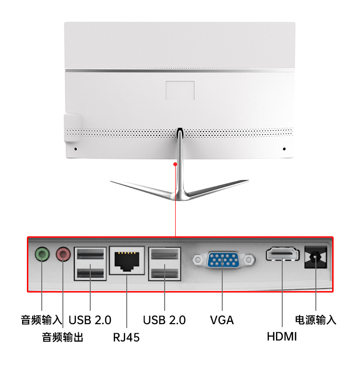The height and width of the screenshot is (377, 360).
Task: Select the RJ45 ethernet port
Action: (x=127, y=261)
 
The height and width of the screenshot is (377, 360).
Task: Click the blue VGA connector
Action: (x=223, y=260)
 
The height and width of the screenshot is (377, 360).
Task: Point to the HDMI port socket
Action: (x=282, y=254)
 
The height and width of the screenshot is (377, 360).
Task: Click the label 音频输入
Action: (x=41, y=320)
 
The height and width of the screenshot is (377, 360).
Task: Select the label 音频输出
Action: (x=63, y=337)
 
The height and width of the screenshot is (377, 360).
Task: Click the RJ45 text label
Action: (x=126, y=337)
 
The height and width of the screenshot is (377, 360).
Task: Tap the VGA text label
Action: (x=222, y=320)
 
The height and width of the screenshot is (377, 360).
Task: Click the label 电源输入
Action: (x=315, y=320)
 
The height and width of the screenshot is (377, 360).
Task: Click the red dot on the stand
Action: (x=176, y=164)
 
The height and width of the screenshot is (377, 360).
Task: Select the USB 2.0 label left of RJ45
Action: (x=90, y=320)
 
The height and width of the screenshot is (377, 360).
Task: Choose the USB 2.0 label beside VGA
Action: (x=164, y=320)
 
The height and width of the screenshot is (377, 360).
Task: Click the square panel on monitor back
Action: (x=180, y=91)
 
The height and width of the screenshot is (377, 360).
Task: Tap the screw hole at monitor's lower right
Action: (x=284, y=149)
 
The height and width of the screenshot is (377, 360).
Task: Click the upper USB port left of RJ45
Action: (x=90, y=255)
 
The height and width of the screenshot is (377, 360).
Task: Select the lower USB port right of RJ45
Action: (x=164, y=274)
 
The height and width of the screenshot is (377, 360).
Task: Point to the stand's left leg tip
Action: (x=112, y=182)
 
